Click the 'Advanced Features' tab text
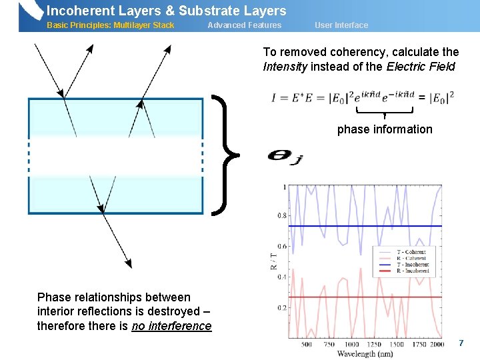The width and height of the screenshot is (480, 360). click(244, 25)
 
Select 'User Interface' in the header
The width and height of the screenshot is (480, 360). click(341, 25)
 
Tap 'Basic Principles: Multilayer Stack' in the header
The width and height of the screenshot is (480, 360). click(110, 25)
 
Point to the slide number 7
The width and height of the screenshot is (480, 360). click(461, 343)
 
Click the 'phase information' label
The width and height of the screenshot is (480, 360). click(385, 129)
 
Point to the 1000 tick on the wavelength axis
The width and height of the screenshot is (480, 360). click(351, 345)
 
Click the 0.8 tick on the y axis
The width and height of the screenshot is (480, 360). click(282, 216)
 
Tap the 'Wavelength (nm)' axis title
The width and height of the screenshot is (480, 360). click(365, 353)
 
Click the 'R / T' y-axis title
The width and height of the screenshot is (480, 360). click(273, 260)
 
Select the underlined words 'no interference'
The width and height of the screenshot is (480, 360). click(171, 326)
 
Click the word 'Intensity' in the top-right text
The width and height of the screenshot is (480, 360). click(286, 66)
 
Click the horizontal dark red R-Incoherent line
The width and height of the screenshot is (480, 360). click(333, 297)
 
